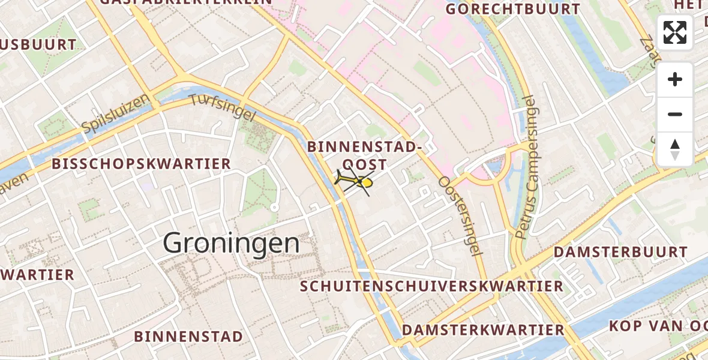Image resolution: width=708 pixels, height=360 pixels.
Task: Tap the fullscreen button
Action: [x=675, y=32]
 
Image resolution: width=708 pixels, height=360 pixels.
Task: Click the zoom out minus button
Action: [x=675, y=114]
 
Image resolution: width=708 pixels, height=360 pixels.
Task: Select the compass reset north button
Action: [x=675, y=149]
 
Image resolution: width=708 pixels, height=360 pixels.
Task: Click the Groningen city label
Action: [x=231, y=244]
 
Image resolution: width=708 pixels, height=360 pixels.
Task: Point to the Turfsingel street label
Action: [x=223, y=108]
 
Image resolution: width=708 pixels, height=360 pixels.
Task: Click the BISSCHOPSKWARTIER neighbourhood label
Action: [x=141, y=164]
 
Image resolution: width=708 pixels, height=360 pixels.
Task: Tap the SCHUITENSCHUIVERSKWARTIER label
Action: [x=432, y=286]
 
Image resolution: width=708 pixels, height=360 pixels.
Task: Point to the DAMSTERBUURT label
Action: [x=620, y=252]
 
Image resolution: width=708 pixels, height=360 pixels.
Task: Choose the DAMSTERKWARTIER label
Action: [x=483, y=330]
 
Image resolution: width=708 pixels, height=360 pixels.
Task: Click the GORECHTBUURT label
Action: [x=514, y=10]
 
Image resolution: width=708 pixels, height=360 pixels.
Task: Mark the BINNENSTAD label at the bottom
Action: [x=188, y=336]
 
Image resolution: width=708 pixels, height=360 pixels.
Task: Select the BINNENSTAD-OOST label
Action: [x=364, y=155]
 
